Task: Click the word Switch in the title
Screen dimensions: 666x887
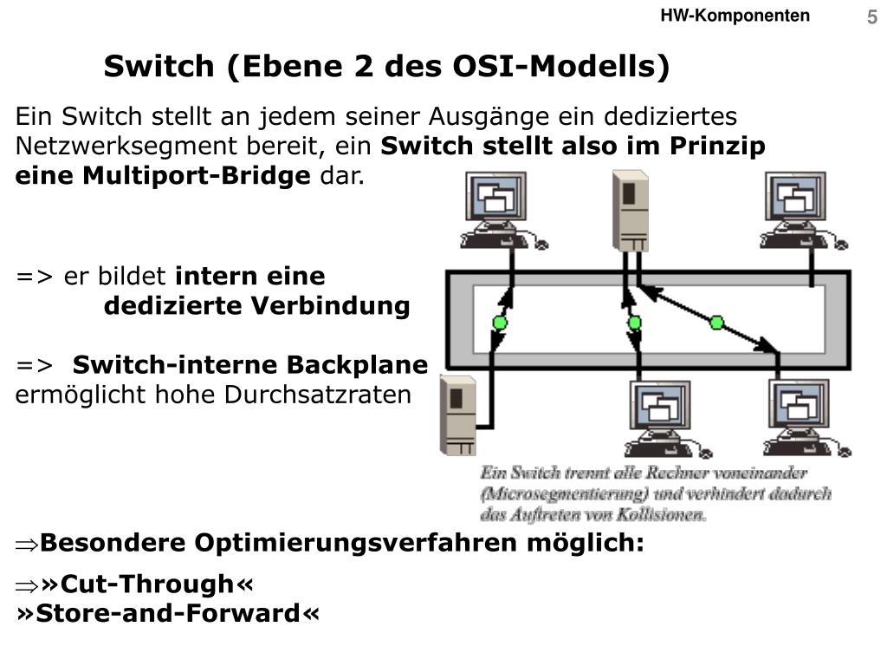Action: pyautogui.click(x=159, y=67)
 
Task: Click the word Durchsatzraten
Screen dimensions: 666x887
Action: pyautogui.click(x=319, y=395)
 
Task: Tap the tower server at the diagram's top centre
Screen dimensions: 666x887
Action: pyautogui.click(x=630, y=211)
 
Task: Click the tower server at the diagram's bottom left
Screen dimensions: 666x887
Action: pyautogui.click(x=458, y=415)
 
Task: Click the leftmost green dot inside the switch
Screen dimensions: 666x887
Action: pyautogui.click(x=499, y=323)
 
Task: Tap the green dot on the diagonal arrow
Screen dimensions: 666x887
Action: pyautogui.click(x=716, y=323)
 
